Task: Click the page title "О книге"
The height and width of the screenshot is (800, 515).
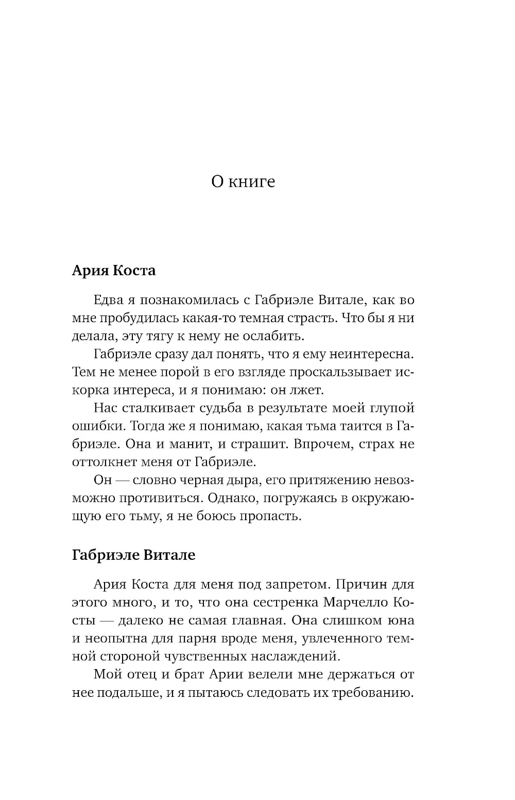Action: [243, 181]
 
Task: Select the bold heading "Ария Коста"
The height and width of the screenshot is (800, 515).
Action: [113, 270]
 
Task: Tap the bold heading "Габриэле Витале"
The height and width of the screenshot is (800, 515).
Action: [134, 555]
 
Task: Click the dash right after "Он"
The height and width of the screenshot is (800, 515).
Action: [122, 480]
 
